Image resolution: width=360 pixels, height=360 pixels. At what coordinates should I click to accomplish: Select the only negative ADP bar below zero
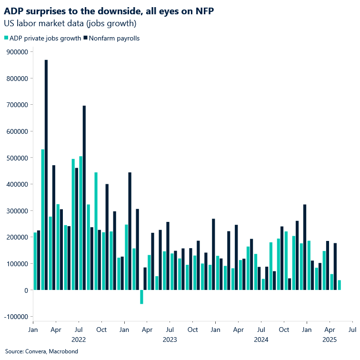141,297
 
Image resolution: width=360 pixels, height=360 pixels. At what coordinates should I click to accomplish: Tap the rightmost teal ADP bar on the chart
339,285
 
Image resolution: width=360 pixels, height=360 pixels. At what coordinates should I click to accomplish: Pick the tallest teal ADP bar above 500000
43,220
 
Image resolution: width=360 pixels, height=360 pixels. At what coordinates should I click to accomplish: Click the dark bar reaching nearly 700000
84,198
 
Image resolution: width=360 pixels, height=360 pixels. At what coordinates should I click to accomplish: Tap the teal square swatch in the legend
6,38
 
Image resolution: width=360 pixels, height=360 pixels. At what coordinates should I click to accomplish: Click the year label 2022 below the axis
79,340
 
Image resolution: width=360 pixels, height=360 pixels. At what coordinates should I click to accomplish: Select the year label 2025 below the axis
330,340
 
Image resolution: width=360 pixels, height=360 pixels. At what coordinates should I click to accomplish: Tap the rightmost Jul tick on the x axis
352,330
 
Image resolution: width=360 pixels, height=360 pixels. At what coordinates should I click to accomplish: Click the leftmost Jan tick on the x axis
33,330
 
